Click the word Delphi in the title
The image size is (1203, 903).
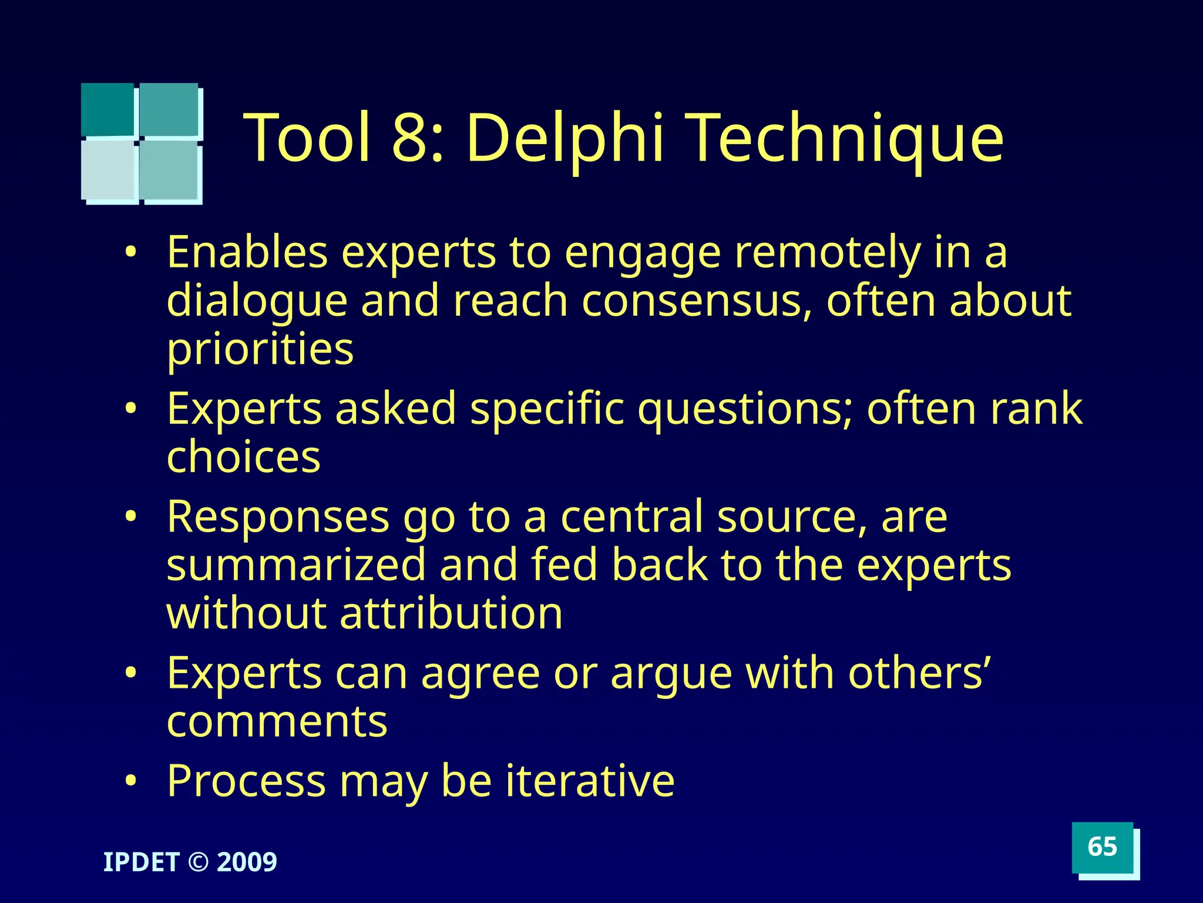[x=566, y=138]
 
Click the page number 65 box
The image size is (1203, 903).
[x=1102, y=847]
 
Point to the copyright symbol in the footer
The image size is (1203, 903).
[x=199, y=862]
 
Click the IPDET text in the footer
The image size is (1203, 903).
[x=141, y=862]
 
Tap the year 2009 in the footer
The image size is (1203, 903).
[x=247, y=862]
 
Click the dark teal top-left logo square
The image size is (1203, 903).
[x=107, y=109]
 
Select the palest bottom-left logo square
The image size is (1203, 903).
[x=109, y=170]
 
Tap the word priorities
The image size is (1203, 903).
[x=260, y=349]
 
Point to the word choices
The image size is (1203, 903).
[x=243, y=457]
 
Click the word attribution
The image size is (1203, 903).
[x=451, y=614]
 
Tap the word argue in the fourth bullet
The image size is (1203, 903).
[x=671, y=674]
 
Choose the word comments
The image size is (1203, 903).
[x=277, y=722]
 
